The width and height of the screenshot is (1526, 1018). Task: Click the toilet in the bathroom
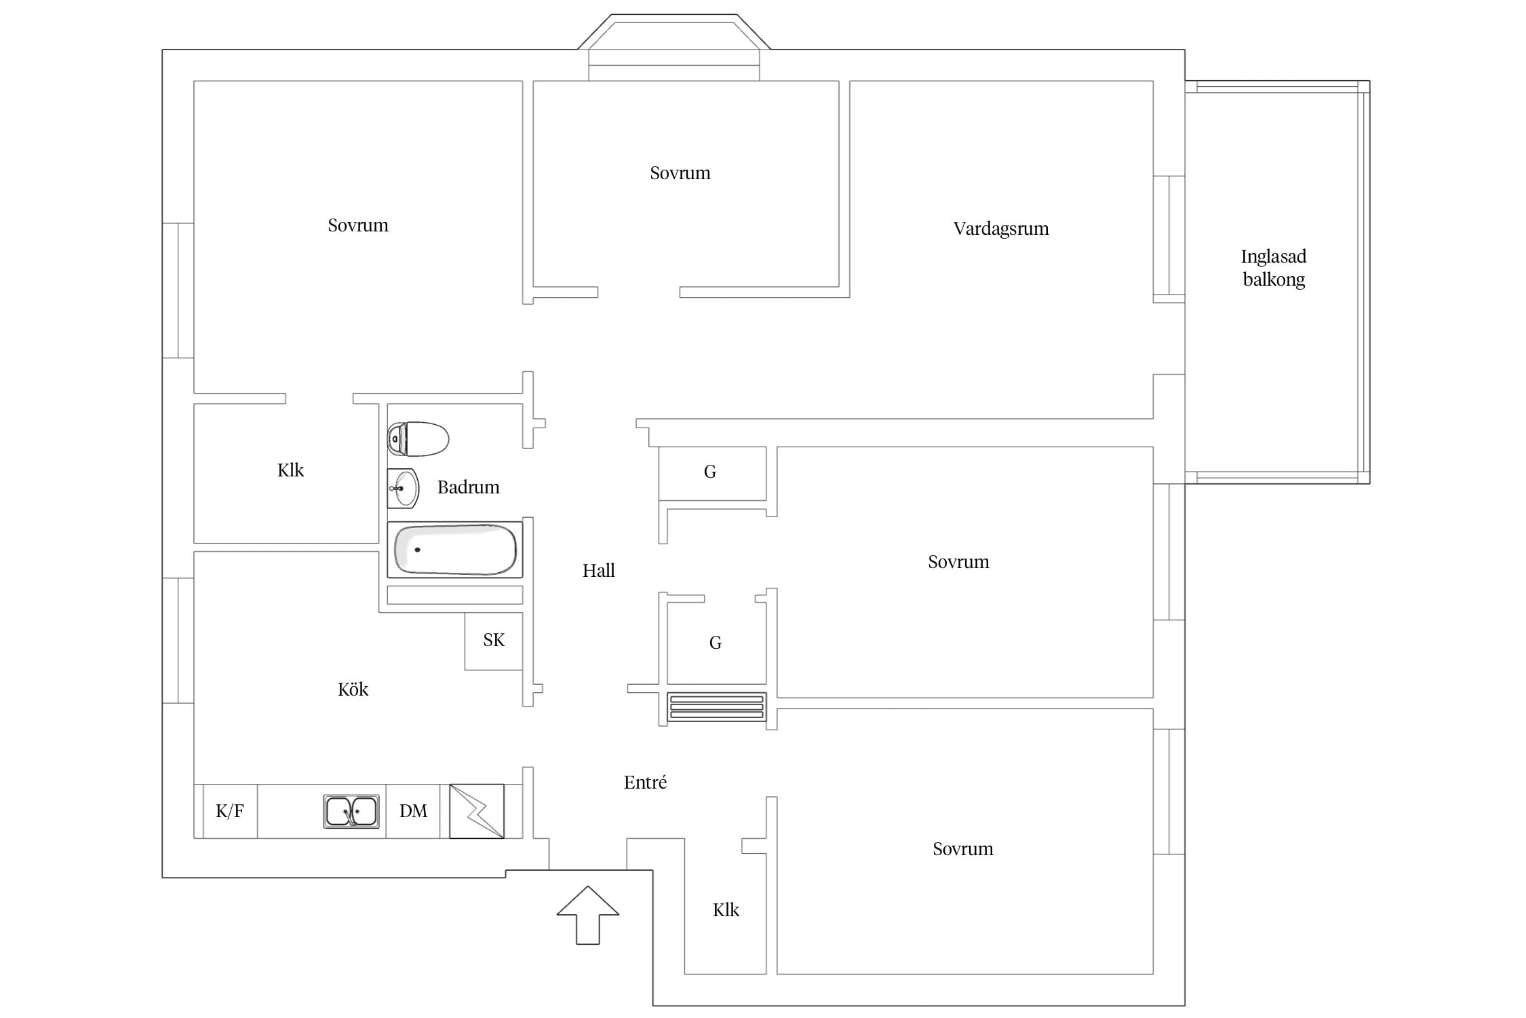418,438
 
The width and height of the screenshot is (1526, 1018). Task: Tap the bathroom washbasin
404,488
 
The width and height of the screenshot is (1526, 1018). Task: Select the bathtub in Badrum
455,550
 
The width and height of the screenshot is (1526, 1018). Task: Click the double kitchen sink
351,811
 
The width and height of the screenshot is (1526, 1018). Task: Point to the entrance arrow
588,915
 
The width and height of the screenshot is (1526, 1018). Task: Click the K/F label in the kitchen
230,811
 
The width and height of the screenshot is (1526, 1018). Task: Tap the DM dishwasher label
414,811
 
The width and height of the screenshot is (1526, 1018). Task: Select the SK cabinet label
494,640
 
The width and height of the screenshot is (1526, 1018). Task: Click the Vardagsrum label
1001,229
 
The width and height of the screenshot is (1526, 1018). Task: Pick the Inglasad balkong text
1274,268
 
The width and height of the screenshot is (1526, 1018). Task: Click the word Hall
599,571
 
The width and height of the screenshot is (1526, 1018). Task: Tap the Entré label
645,783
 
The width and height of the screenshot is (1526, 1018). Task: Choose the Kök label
353,690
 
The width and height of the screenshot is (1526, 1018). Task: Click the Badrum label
469,487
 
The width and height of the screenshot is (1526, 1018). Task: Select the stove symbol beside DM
477,811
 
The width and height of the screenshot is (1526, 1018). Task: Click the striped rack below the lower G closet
717,706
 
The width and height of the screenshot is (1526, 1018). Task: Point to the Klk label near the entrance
726,910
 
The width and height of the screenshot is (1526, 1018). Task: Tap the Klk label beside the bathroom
290,470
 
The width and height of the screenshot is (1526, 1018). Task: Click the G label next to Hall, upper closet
710,472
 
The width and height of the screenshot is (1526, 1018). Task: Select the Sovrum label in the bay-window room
680,173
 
